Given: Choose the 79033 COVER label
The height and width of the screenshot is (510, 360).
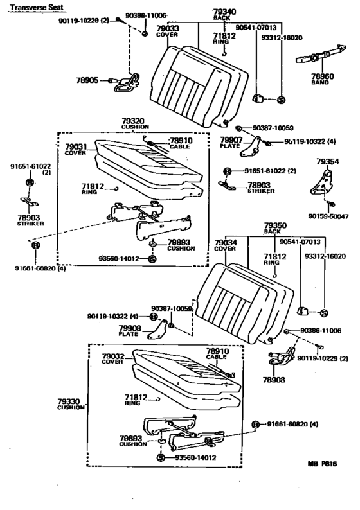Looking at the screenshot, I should [168, 31].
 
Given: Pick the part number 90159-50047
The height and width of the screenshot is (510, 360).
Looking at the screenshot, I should [332, 216].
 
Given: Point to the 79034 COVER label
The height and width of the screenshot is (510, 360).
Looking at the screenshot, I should [225, 245].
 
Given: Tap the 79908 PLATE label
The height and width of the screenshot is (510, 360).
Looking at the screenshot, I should [129, 331].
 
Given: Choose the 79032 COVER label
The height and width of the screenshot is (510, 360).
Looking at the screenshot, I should [112, 358].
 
